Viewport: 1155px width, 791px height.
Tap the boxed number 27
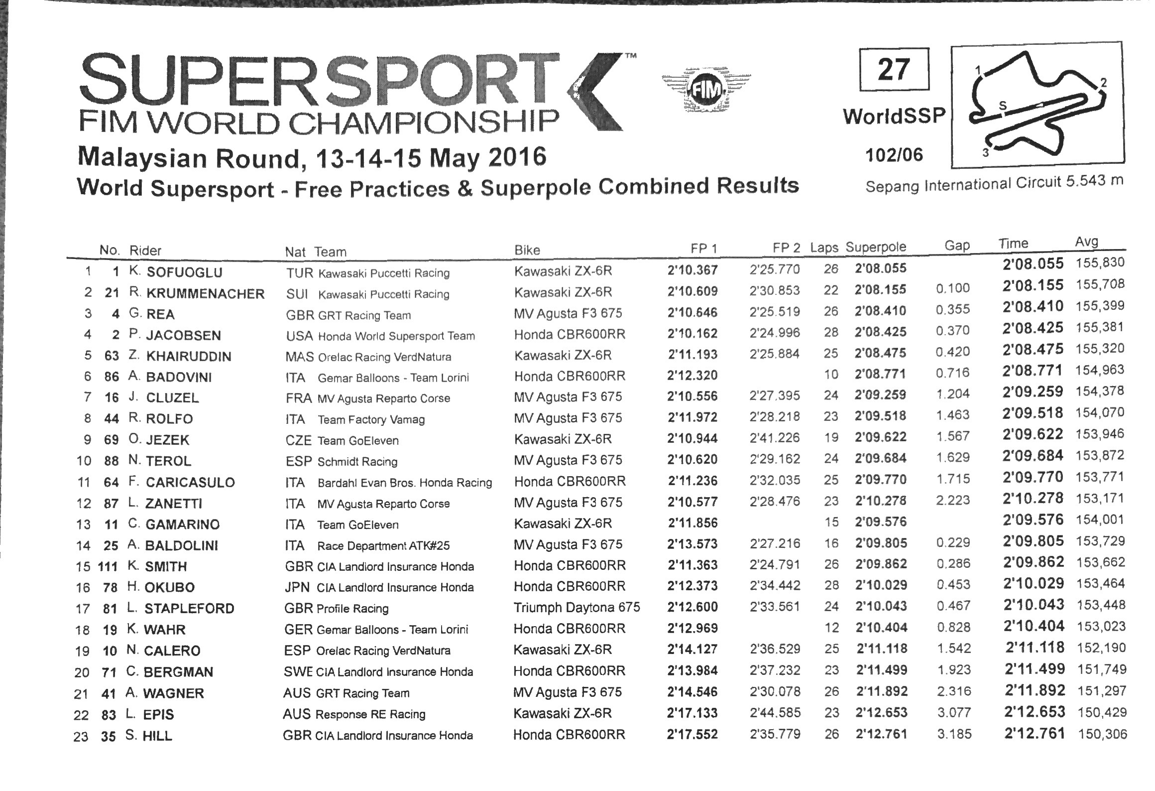(x=894, y=70)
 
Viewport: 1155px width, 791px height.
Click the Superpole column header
(x=876, y=247)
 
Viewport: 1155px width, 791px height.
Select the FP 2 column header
(x=786, y=248)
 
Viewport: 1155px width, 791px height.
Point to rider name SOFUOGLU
(x=184, y=272)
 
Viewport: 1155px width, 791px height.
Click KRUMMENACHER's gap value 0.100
(x=953, y=288)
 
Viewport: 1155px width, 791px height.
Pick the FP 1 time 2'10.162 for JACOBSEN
(x=693, y=333)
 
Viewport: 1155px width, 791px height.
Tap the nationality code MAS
(x=299, y=357)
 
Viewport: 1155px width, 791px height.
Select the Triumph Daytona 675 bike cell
(x=577, y=607)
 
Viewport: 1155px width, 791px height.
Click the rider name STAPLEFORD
(x=189, y=608)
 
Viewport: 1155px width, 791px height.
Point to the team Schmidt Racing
(x=357, y=461)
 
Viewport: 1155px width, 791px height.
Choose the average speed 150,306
(x=1102, y=734)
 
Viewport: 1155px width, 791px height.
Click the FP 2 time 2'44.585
(x=775, y=712)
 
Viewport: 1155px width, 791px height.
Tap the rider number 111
(x=108, y=566)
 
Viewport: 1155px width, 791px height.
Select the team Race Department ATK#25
(x=383, y=545)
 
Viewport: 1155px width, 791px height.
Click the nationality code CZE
(x=299, y=440)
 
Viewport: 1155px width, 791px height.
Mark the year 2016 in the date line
(x=517, y=156)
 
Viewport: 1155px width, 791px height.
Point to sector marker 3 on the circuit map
(x=985, y=152)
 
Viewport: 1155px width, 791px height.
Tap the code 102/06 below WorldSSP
(x=894, y=155)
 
